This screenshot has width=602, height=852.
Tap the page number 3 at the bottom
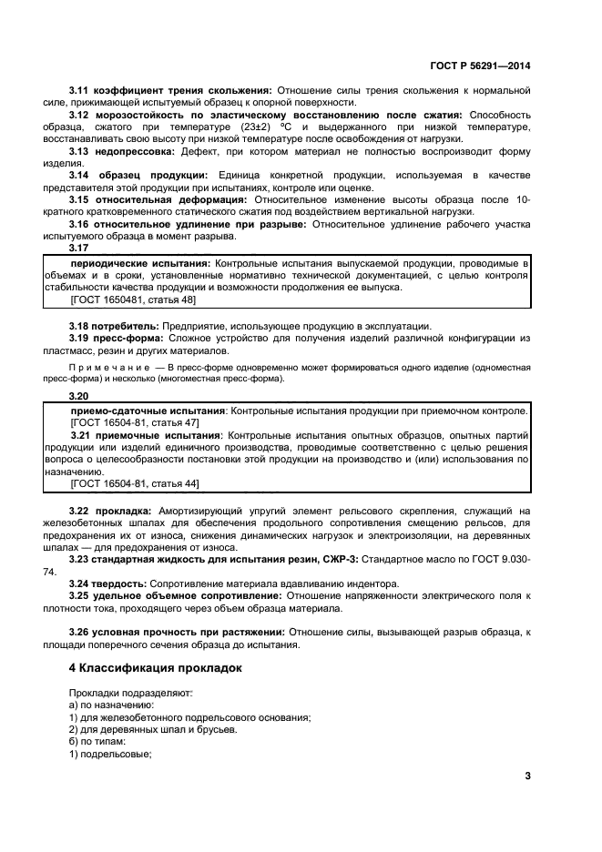(526, 776)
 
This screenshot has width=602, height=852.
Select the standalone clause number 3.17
(80, 248)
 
